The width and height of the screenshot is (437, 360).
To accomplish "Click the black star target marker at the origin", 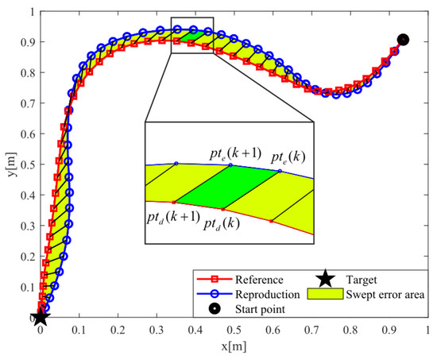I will pyautogui.click(x=41, y=317).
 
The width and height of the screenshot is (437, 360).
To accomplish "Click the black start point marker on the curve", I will pyautogui.click(x=403, y=40).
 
